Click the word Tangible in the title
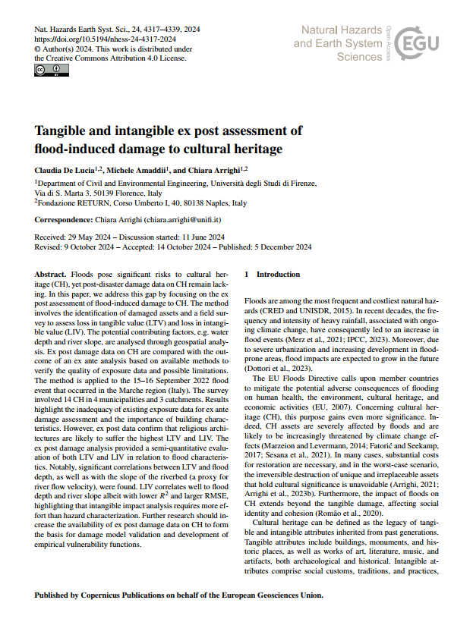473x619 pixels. (x=65, y=130)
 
